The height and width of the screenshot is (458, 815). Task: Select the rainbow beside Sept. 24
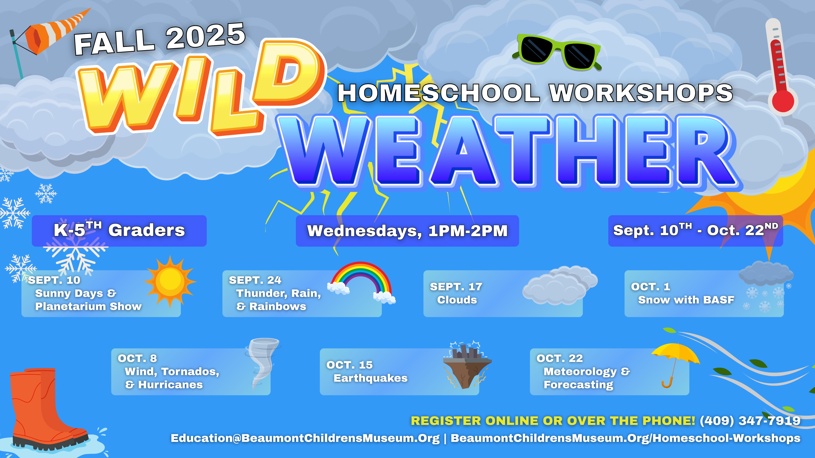[x=361, y=281]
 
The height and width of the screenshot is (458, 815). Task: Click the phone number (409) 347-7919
[x=750, y=421]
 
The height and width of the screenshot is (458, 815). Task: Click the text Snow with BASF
[x=686, y=300]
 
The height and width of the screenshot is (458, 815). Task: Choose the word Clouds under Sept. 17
[x=457, y=300]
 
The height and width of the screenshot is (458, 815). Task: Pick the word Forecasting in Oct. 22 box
[x=578, y=385]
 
